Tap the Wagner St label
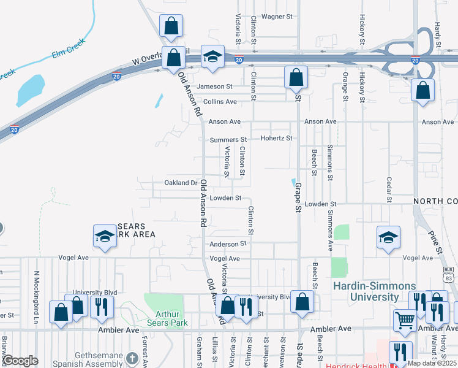[x=278, y=17]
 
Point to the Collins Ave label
[x=220, y=101]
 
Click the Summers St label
[x=228, y=140]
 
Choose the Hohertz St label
[x=277, y=139]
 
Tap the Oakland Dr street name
[x=181, y=183]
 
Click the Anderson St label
[x=228, y=243]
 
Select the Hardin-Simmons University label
[x=374, y=291]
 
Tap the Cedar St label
[x=389, y=190]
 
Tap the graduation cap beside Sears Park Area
[x=105, y=236]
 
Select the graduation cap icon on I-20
[x=212, y=56]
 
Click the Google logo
[x=21, y=361]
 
